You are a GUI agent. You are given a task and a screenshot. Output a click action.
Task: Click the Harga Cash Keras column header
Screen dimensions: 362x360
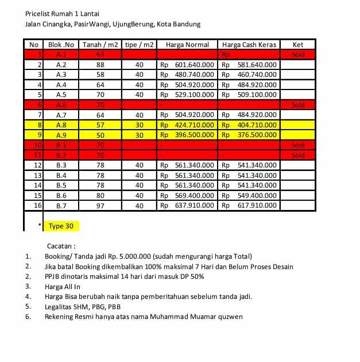coord(249,45)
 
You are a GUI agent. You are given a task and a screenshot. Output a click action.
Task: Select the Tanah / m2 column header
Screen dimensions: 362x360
coord(100,45)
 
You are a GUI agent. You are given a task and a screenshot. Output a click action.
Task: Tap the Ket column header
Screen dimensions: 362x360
coord(298,45)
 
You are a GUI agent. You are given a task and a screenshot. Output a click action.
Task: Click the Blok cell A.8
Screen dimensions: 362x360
coord(61,125)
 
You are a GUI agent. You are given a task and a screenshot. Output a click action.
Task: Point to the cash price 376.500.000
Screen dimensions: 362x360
coord(257,135)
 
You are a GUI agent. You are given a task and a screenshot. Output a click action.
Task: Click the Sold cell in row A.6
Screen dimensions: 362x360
coord(298,105)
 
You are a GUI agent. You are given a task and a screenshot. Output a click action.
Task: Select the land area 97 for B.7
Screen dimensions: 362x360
coord(100,205)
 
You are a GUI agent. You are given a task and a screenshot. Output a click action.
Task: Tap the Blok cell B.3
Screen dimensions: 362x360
coord(61,165)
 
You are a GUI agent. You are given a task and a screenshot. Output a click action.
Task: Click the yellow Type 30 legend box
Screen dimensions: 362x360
coord(61,226)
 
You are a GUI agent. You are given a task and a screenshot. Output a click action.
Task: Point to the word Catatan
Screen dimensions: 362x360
coord(61,246)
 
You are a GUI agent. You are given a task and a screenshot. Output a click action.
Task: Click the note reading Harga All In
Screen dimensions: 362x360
coord(63,286)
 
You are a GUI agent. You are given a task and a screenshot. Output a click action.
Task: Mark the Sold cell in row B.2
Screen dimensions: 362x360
coord(298,155)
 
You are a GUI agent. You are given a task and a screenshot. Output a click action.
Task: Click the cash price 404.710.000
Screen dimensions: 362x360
coord(257,125)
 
